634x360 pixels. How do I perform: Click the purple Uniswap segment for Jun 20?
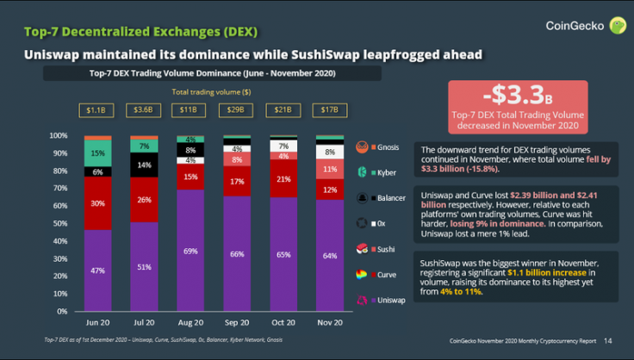click(x=97, y=270)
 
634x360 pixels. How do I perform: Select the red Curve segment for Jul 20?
click(x=144, y=200)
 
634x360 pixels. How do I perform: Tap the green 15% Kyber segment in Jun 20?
click(x=97, y=153)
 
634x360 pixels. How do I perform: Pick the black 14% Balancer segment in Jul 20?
click(x=144, y=164)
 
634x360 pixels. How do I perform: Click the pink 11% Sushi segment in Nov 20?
click(x=329, y=171)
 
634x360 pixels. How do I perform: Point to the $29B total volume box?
click(x=236, y=110)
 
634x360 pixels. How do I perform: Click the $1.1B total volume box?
click(x=97, y=110)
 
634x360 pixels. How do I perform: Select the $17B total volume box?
click(x=329, y=110)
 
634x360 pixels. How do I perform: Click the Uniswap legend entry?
click(x=379, y=301)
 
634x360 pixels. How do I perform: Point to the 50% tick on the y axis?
click(x=58, y=223)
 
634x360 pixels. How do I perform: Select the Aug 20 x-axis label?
click(x=190, y=322)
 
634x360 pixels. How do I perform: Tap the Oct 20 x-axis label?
click(x=283, y=322)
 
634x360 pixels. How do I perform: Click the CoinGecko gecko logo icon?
click(x=617, y=26)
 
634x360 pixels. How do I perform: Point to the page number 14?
click(x=608, y=342)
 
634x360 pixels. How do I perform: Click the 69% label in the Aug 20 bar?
click(x=190, y=250)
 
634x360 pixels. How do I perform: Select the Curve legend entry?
click(x=379, y=276)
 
